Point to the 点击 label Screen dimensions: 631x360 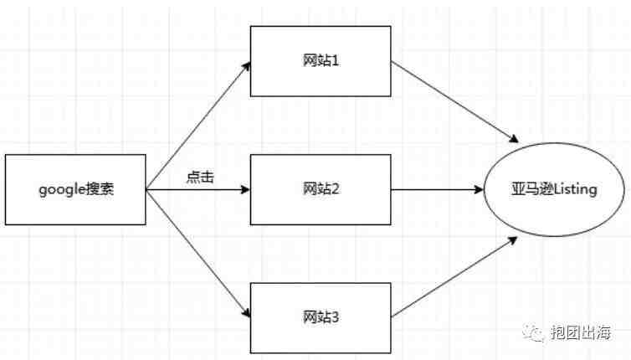[x=200, y=177]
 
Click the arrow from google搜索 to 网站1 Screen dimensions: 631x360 [x=198, y=126]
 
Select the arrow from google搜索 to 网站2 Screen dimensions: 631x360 [x=198, y=189]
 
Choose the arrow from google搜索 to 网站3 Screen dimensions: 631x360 [x=198, y=254]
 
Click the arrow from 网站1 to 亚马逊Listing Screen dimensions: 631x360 [x=454, y=102]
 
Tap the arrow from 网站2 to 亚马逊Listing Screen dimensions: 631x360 [x=437, y=189]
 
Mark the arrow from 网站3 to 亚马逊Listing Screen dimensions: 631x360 [x=454, y=277]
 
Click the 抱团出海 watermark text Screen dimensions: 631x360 [x=581, y=332]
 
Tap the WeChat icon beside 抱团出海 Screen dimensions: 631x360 [x=535, y=332]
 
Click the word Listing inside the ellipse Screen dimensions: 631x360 [x=576, y=189]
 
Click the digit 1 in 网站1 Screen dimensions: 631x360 [x=334, y=61]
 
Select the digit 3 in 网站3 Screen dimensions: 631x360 [x=334, y=317]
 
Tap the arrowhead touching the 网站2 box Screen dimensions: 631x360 [x=245, y=189]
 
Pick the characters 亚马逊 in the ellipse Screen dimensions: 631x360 [x=532, y=189]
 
